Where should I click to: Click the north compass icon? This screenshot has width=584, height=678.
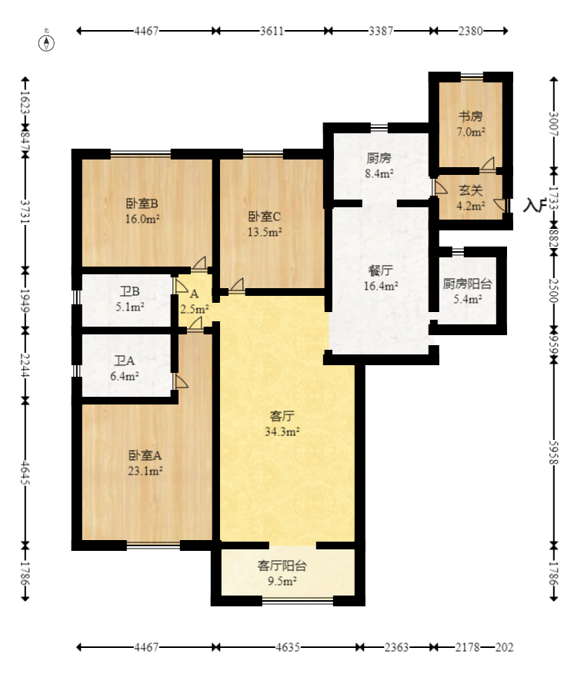click(x=48, y=41)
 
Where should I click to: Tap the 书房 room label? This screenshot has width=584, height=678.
click(x=471, y=116)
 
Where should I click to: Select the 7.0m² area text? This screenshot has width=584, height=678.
click(x=471, y=132)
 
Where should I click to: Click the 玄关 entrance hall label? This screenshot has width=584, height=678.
click(x=471, y=190)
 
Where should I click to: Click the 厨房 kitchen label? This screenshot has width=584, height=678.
click(x=379, y=158)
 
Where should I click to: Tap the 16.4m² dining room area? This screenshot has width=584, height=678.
click(x=381, y=286)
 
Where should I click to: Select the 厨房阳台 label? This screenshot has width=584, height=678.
click(x=462, y=284)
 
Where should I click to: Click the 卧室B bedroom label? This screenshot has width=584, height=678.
click(x=142, y=204)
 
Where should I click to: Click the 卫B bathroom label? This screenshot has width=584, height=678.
click(x=129, y=291)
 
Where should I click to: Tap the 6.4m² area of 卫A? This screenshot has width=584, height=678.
click(x=125, y=376)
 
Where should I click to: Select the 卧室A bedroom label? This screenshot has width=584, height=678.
click(x=145, y=455)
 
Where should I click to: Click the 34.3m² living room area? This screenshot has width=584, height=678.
click(x=282, y=431)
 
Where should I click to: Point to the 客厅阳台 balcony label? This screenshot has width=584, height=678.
click(x=282, y=566)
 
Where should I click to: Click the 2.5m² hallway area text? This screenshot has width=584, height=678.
click(x=194, y=309)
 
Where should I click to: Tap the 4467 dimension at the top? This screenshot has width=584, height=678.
click(x=146, y=32)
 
